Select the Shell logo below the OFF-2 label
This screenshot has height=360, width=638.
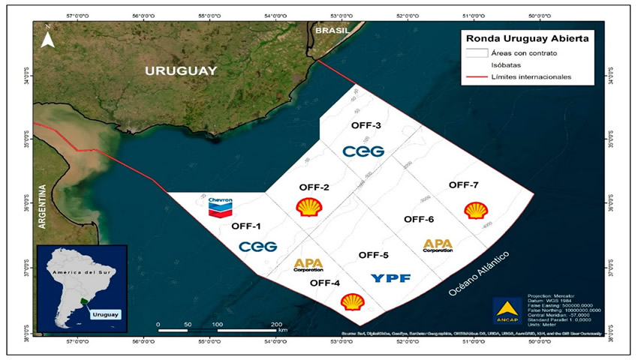pyautogui.click(x=308, y=207)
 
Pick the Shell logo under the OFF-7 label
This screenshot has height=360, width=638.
pyautogui.click(x=475, y=210)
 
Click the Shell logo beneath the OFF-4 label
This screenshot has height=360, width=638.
pyautogui.click(x=352, y=301)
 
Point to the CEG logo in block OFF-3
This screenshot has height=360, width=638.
pyautogui.click(x=363, y=151)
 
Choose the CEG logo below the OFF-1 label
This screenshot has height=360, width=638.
pyautogui.click(x=257, y=246)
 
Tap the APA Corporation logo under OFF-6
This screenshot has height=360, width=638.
pyautogui.click(x=438, y=246)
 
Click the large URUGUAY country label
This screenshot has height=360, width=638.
pyautogui.click(x=181, y=70)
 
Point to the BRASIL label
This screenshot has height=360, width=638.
pyautogui.click(x=332, y=31)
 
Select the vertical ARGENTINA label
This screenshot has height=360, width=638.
pyautogui.click(x=44, y=209)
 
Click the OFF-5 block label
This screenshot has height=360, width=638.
pyautogui.click(x=373, y=255)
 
